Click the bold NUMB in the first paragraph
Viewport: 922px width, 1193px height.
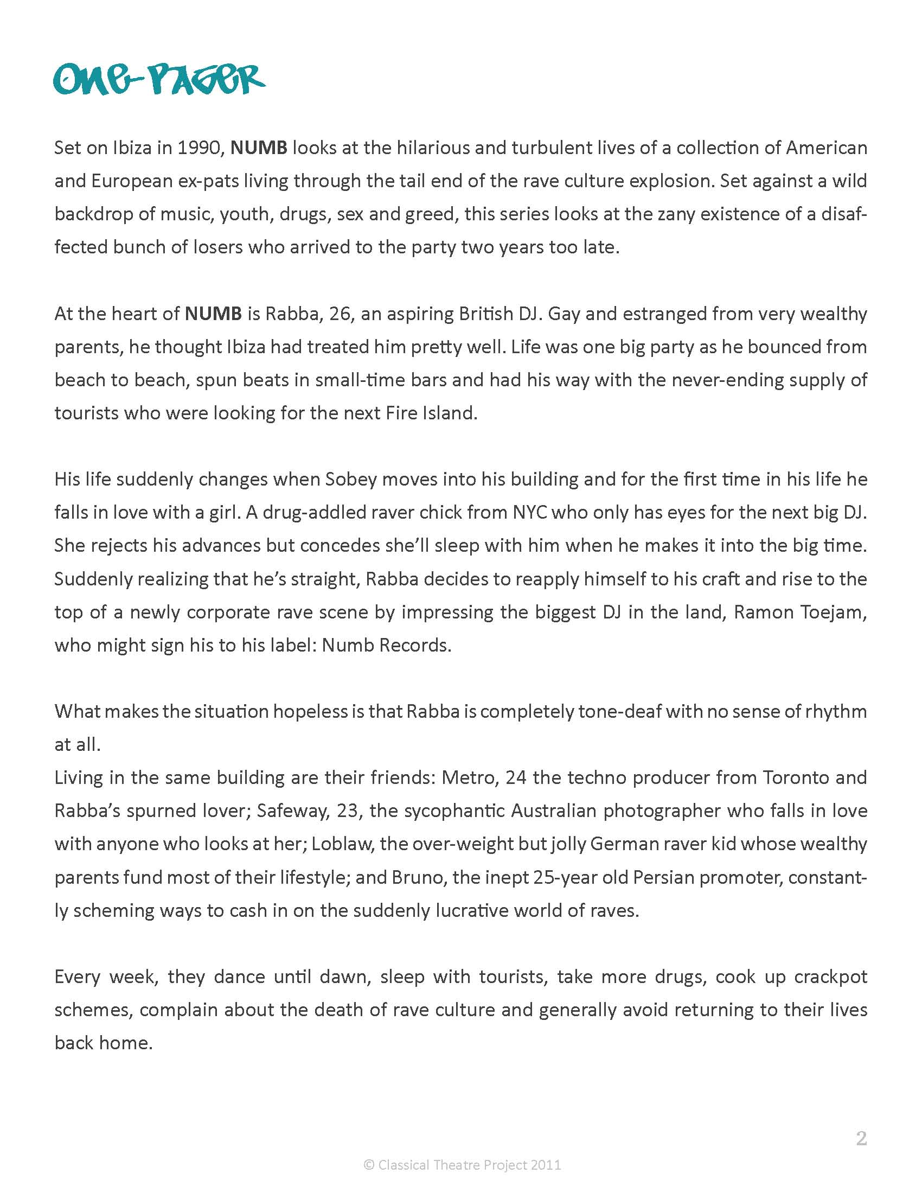click(x=259, y=149)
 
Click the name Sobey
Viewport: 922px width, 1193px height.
click(x=351, y=480)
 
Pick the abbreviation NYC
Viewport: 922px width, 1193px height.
click(x=530, y=512)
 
